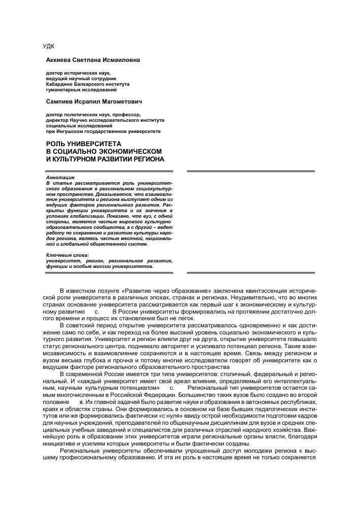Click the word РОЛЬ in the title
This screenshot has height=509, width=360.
click(x=57, y=144)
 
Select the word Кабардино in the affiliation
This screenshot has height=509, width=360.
click(x=61, y=84)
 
